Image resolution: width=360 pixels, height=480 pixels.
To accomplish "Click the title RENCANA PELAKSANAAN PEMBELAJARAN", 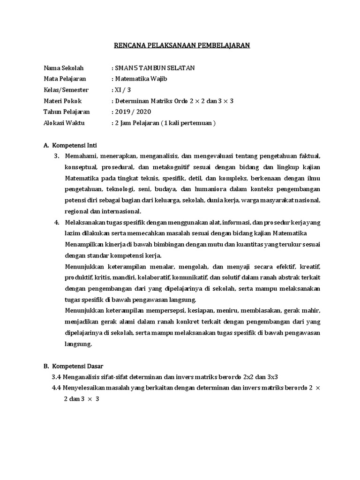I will pyautogui.click(x=182, y=45).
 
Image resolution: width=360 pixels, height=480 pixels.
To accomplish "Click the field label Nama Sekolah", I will pyautogui.click(x=63, y=68).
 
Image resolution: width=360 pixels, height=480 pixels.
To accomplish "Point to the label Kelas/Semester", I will pyautogui.click(x=66, y=90).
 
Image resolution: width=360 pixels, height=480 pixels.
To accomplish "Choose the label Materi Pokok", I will pyautogui.click(x=62, y=101).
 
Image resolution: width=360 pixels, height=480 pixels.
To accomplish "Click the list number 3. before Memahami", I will pyautogui.click(x=57, y=156).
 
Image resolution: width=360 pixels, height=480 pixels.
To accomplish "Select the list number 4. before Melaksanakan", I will pyautogui.click(x=57, y=223).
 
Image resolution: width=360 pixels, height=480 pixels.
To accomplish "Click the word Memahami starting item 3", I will pyautogui.click(x=80, y=156).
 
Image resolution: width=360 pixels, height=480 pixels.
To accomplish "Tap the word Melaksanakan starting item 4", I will pyautogui.click(x=83, y=223).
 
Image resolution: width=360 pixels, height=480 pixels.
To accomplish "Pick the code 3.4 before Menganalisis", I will pyautogui.click(x=56, y=377).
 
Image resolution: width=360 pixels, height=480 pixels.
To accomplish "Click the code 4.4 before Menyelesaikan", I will pyautogui.click(x=56, y=388).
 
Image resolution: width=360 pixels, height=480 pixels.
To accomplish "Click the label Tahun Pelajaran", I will pyautogui.click(x=67, y=112).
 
